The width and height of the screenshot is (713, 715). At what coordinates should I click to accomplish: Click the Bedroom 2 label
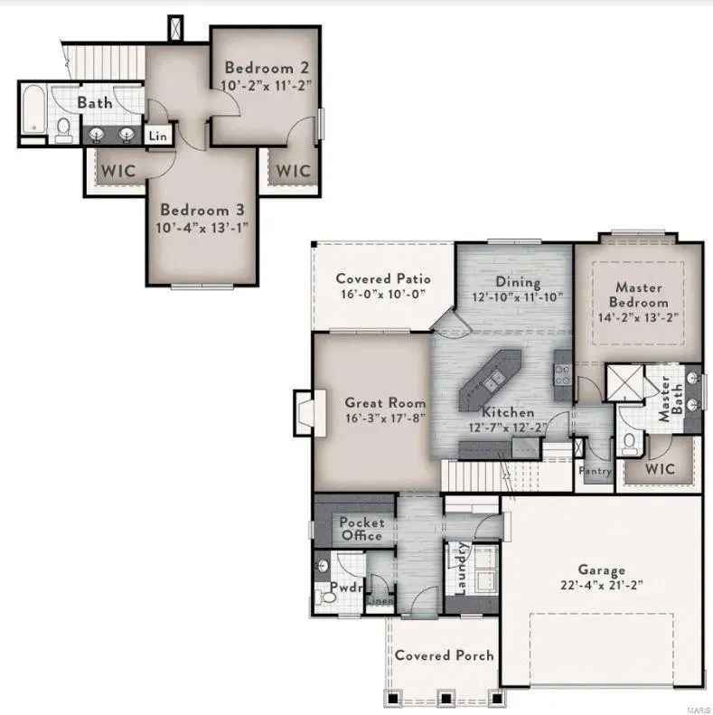point(267,68)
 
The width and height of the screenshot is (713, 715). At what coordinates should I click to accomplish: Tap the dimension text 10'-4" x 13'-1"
point(202,228)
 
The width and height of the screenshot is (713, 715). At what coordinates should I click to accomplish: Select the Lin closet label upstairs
point(158,136)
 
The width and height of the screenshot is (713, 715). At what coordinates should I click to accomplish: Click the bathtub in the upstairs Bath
point(33,109)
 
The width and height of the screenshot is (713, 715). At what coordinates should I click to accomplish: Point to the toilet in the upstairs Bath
point(63,128)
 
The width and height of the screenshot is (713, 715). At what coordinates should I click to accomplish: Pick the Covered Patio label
point(383,278)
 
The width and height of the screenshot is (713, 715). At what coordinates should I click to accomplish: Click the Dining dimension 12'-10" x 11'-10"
point(518,297)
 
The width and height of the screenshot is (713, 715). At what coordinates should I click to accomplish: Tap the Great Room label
point(385,402)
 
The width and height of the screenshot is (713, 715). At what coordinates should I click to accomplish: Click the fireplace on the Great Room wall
point(310,413)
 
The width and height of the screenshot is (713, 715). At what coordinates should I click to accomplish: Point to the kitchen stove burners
point(563,375)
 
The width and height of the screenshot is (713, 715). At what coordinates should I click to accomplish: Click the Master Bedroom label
point(638,295)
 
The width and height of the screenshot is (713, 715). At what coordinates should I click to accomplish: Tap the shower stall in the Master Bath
point(624,382)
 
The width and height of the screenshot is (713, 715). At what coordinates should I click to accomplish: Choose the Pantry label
point(595,471)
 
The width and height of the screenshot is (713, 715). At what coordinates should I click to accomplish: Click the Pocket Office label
point(361,529)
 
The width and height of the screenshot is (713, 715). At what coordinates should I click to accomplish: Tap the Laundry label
point(462,569)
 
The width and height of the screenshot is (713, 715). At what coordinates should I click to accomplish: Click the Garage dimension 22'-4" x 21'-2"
point(601,585)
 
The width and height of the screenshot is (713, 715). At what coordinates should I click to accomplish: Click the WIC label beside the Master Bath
point(660,469)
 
